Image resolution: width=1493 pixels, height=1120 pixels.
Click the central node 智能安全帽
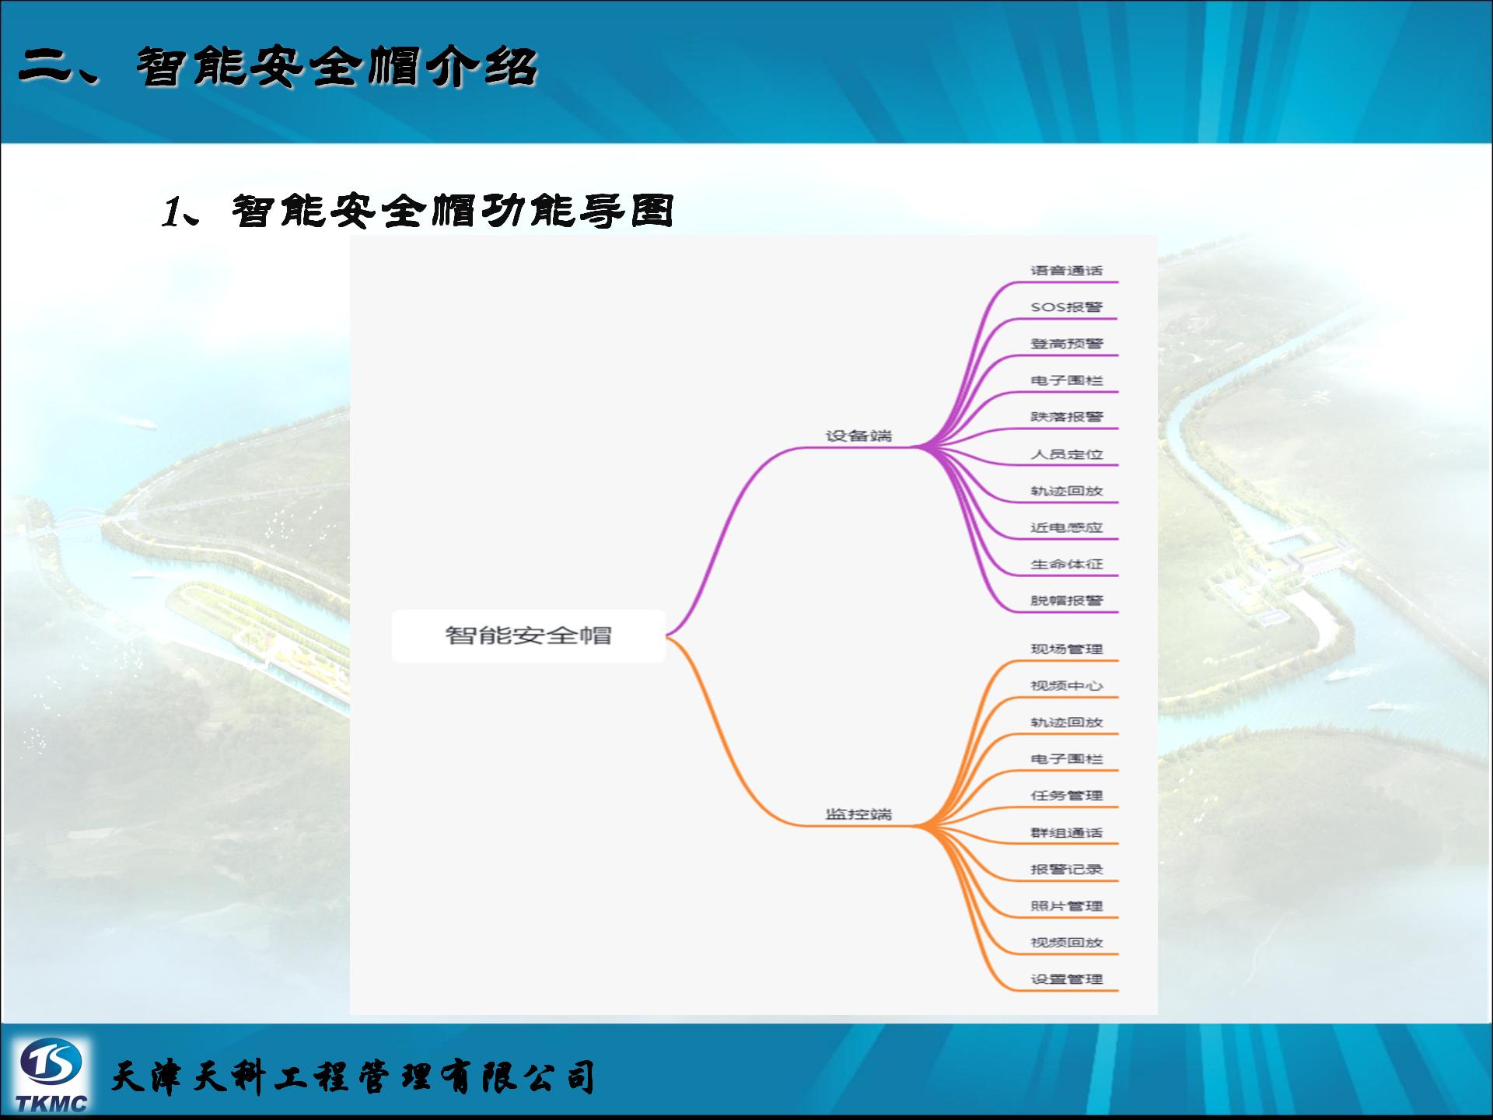[529, 635]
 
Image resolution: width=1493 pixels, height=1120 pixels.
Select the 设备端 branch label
[858, 436]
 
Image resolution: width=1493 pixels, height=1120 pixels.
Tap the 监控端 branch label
[858, 814]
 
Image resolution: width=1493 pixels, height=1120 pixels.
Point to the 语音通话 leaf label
[1067, 271]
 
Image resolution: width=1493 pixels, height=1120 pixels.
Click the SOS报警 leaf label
[1067, 307]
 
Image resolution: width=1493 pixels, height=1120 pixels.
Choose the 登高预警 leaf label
[1067, 344]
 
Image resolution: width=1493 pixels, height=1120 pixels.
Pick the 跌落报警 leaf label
[1067, 417]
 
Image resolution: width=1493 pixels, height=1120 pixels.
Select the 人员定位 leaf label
[1067, 454]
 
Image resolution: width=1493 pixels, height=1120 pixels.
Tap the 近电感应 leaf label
[1067, 527]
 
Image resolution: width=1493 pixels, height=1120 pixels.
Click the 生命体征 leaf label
[1067, 564]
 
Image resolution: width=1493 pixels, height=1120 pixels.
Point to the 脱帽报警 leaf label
[1067, 600]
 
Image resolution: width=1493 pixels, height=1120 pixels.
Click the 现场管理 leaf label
[1067, 649]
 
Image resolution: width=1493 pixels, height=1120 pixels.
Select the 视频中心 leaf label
[1067, 686]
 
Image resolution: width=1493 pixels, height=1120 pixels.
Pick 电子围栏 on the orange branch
[1067, 759]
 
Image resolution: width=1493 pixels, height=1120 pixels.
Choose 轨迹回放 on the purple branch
[1067, 491]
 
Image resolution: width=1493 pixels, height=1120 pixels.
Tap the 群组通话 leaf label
[1067, 833]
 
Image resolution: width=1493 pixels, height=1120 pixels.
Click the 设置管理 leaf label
[1067, 979]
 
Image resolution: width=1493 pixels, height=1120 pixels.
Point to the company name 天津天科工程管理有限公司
[354, 1077]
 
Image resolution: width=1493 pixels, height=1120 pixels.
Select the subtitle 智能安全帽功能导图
[452, 211]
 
